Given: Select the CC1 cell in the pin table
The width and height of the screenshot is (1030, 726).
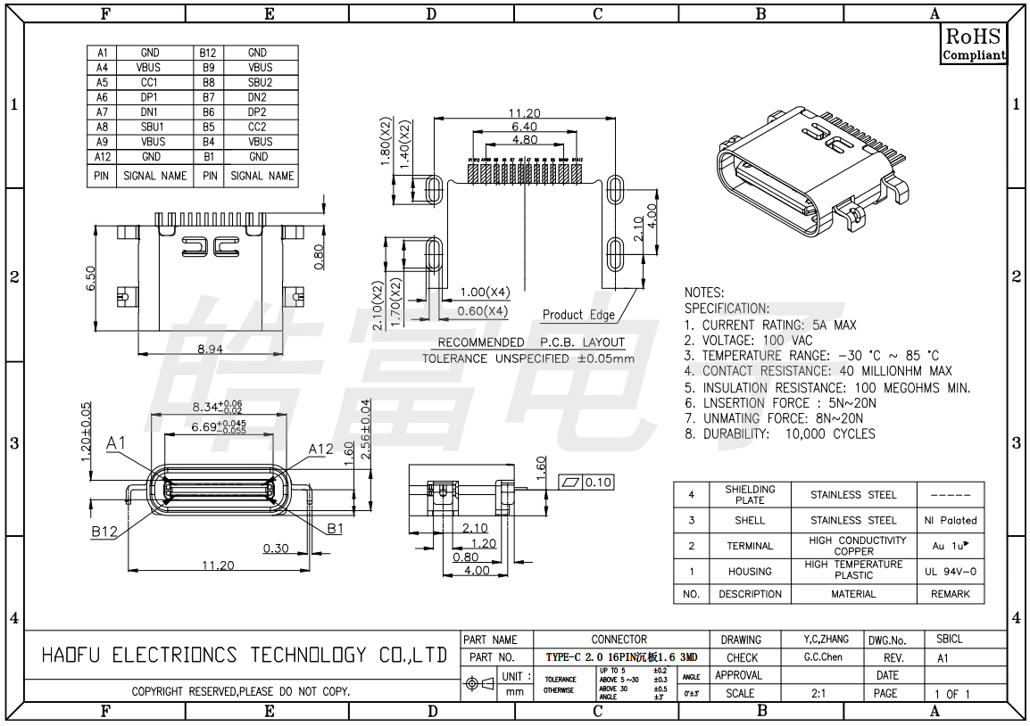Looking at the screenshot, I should pos(149,82).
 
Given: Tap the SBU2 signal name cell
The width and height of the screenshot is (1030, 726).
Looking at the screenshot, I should pos(260,82).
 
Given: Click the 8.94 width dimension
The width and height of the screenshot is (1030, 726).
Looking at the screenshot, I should pos(210,349).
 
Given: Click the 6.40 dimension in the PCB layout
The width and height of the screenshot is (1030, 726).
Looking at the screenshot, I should pos(524,127).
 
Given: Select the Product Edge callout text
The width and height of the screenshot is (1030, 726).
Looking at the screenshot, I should pos(578,315).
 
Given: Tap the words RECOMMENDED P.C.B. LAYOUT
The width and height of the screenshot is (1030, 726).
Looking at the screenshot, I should pos(531,342).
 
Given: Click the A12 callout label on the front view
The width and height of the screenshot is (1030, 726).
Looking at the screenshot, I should pos(321,449).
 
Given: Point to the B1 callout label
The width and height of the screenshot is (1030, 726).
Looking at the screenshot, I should pos(335,528).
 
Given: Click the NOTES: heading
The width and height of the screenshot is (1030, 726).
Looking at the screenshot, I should pos(704,293).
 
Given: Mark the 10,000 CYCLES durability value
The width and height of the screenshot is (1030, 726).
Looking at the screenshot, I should pos(830,434).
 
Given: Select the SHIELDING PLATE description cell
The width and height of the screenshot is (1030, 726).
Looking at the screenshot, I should pos(750,494).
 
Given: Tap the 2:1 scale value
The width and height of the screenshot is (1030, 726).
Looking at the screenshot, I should pos(818,693).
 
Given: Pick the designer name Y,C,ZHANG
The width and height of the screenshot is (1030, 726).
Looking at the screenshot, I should pos(826,639).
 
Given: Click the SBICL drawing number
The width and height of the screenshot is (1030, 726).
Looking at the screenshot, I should pos(949,639).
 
